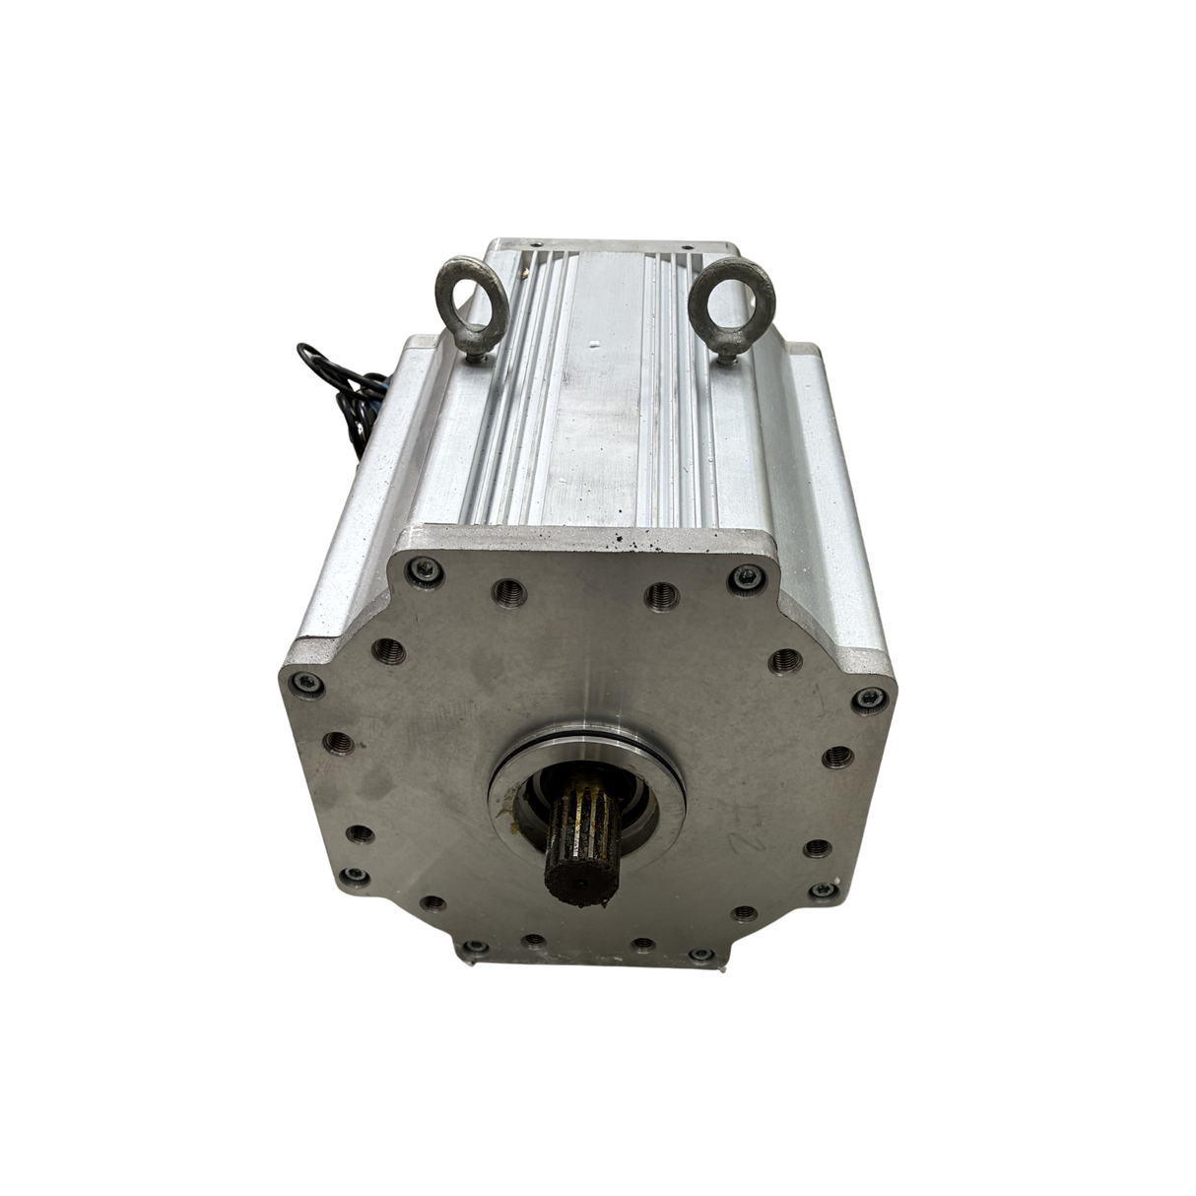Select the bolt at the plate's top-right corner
click(746, 576)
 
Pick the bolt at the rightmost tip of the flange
click(868, 698)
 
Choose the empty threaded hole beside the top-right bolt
click(660, 593)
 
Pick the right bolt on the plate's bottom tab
click(700, 954)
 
